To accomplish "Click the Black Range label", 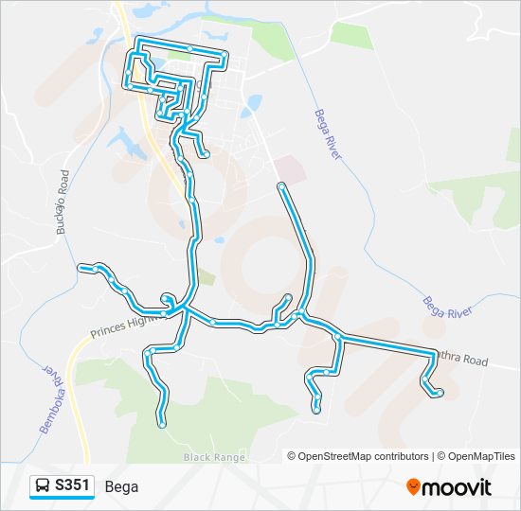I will coord(208,458).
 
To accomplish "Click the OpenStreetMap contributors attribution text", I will coord(363,456).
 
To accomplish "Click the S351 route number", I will coord(73,486).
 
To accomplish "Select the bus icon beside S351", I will coord(43,486).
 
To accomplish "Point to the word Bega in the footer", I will coord(122,486).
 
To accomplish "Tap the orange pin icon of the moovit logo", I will coord(413,487).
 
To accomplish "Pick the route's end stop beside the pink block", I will coord(280,185).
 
